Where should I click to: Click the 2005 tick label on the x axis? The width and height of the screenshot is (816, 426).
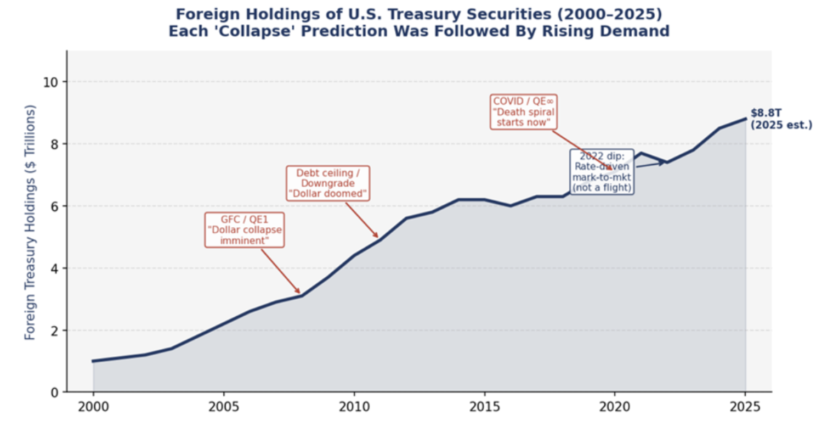[x=223, y=407]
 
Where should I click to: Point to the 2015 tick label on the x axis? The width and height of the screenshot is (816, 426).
[x=484, y=407]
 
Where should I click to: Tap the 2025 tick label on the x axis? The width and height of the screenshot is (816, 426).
[x=745, y=407]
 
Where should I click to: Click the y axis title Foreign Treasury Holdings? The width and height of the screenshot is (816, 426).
[x=30, y=222]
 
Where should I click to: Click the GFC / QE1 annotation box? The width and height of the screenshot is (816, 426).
[x=245, y=230]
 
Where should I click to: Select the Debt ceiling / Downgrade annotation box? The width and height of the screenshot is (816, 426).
[x=328, y=183]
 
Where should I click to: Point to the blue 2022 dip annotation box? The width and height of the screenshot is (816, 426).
[x=602, y=171]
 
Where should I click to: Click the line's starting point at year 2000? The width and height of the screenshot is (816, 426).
[x=93, y=361]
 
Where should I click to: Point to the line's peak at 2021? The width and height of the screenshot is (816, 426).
[x=641, y=153]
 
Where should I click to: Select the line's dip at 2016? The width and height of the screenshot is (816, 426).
[x=511, y=206]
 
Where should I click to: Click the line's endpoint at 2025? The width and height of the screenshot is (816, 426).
[x=745, y=119]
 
